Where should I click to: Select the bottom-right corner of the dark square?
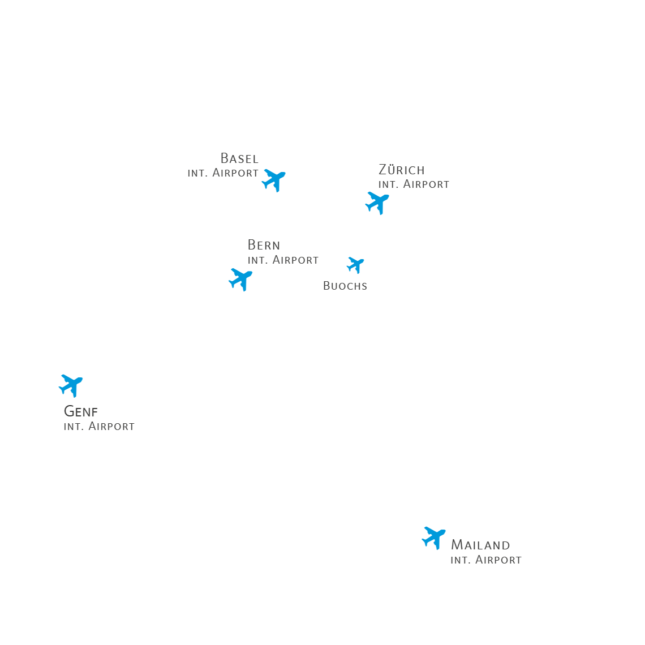coord(521,563)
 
